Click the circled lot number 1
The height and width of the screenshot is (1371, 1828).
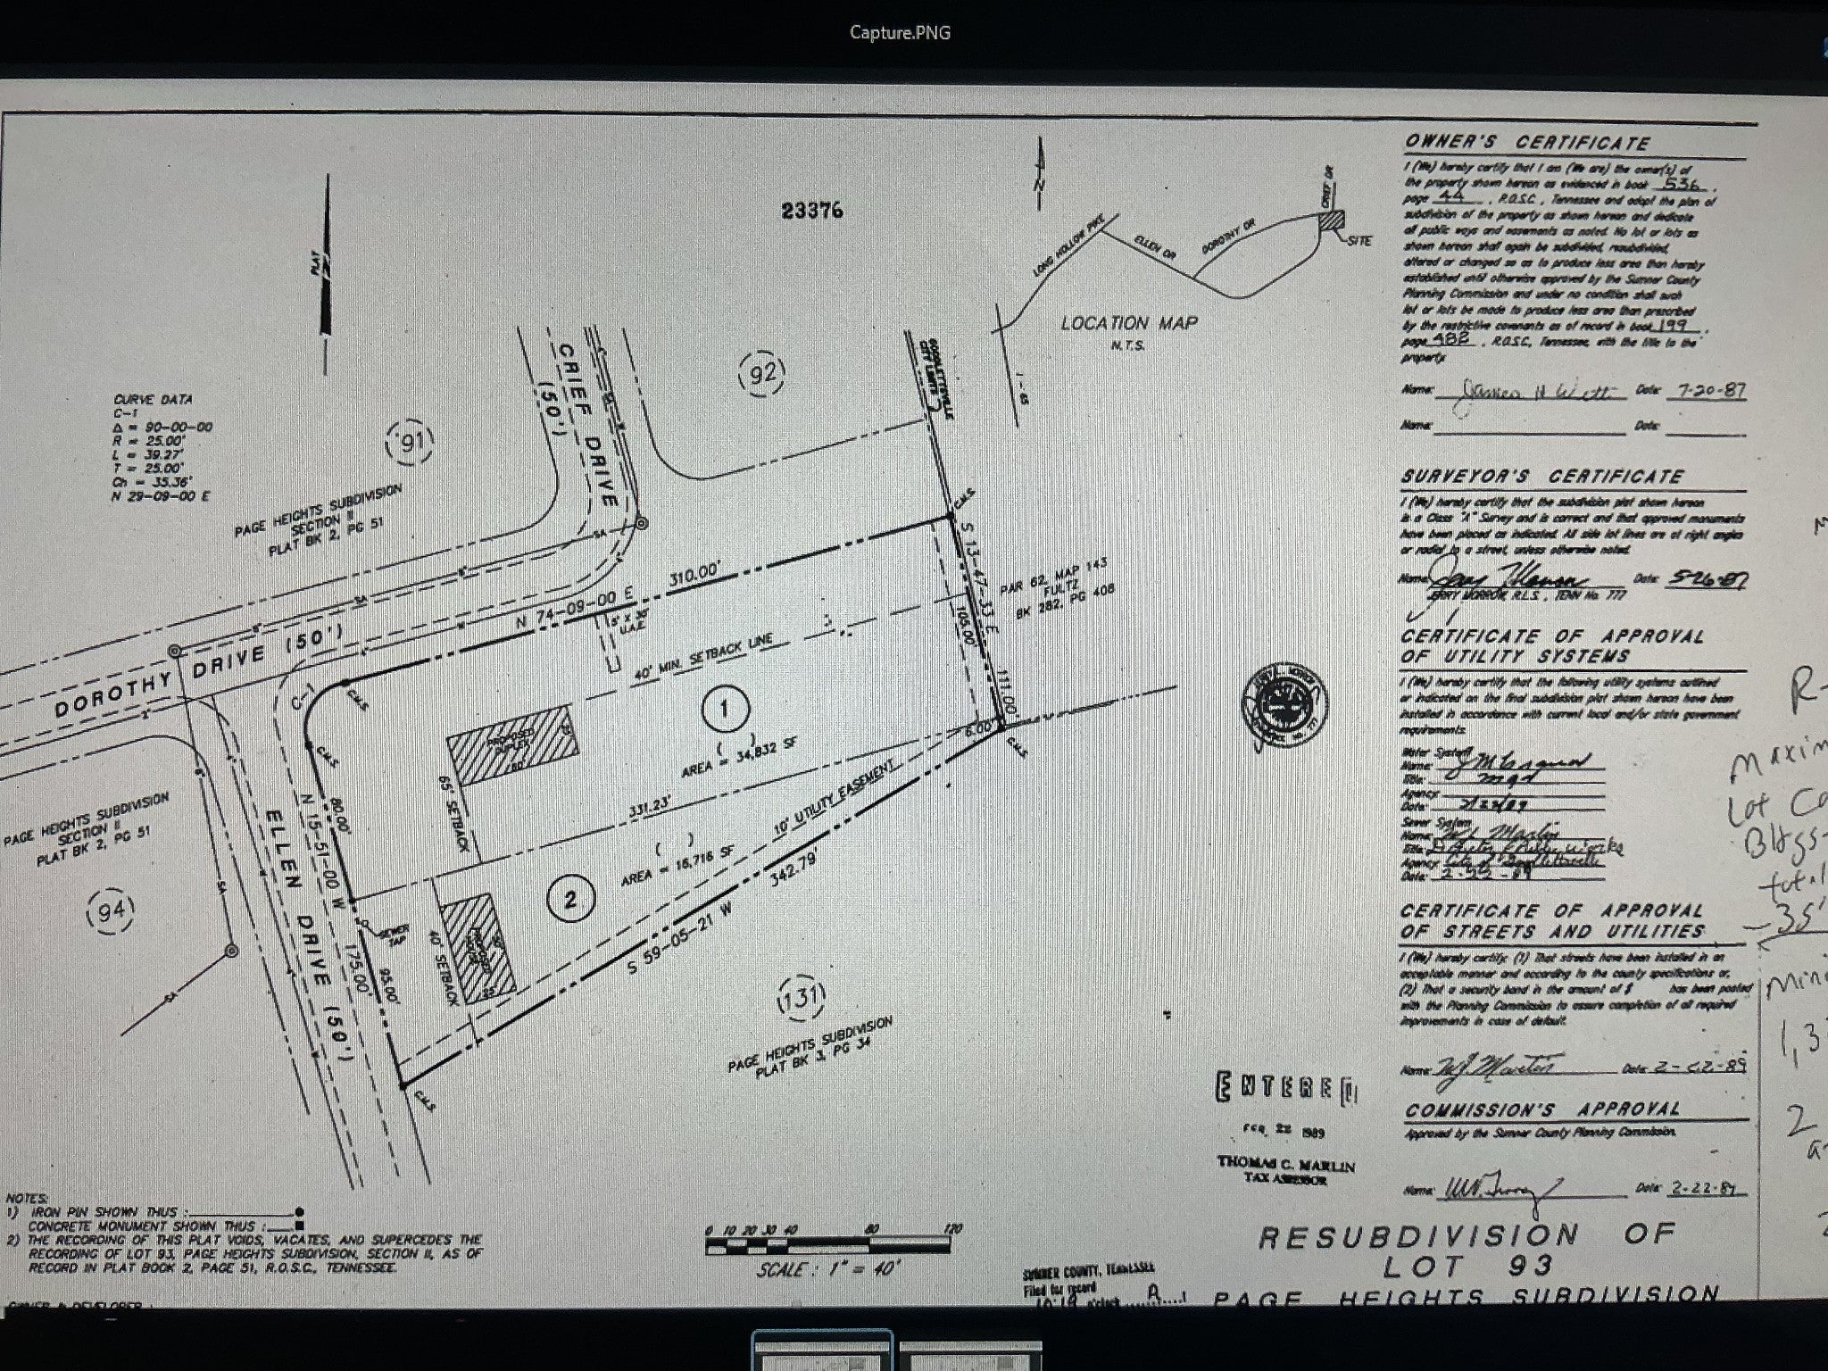(724, 710)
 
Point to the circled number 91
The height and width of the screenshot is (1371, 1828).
(412, 442)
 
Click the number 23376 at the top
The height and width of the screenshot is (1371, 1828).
(811, 211)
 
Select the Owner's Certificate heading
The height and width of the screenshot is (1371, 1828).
(1527, 143)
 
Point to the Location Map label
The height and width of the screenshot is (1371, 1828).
(1129, 323)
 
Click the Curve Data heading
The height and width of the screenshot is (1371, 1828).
(154, 400)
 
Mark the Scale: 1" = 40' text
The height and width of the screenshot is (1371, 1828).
(828, 1268)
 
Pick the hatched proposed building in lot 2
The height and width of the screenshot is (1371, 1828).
(479, 947)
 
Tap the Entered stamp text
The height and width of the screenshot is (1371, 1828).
(1285, 1088)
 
